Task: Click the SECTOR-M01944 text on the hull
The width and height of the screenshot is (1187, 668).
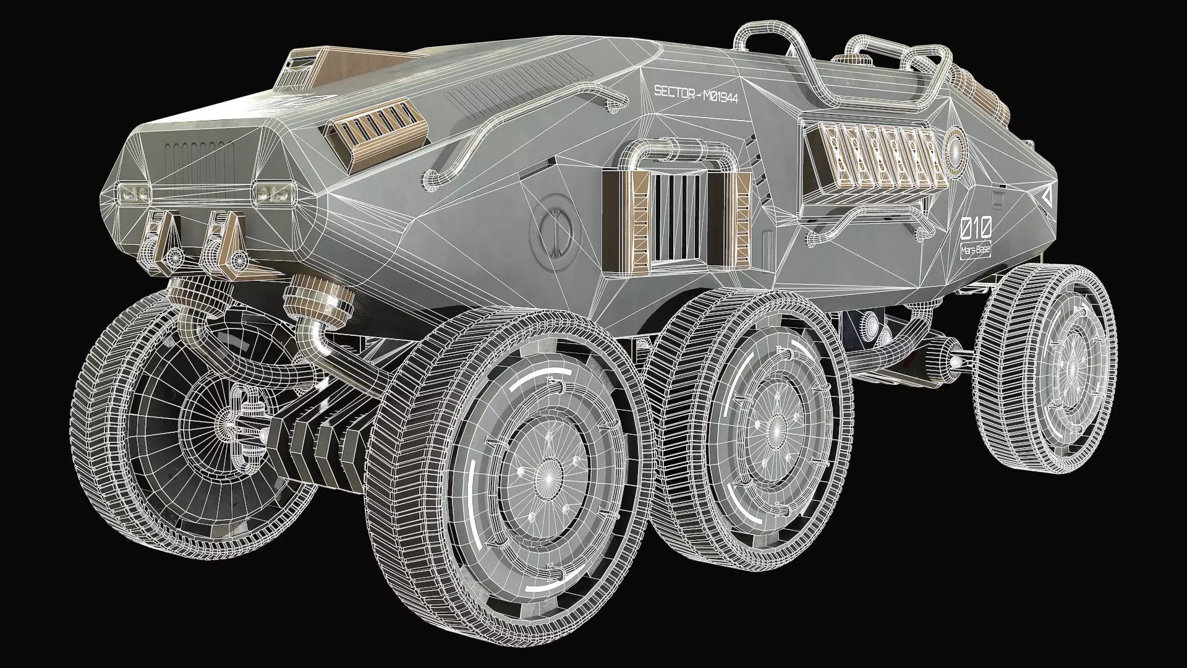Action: point(696,93)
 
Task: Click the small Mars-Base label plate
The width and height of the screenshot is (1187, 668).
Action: point(976,250)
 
